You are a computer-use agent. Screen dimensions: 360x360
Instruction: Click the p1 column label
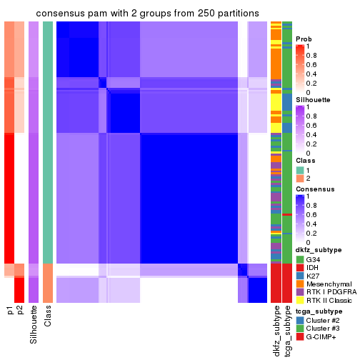(x=10, y=311)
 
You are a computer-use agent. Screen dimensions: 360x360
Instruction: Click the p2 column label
(x=20, y=311)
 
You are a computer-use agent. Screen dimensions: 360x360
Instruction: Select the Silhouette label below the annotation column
(x=34, y=325)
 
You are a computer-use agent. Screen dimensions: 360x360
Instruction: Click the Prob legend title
(x=304, y=39)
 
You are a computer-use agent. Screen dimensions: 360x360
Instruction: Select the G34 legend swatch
(x=300, y=259)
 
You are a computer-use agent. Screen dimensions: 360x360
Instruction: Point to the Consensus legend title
(x=312, y=189)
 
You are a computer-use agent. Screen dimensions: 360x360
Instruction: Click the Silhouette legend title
(x=312, y=99)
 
